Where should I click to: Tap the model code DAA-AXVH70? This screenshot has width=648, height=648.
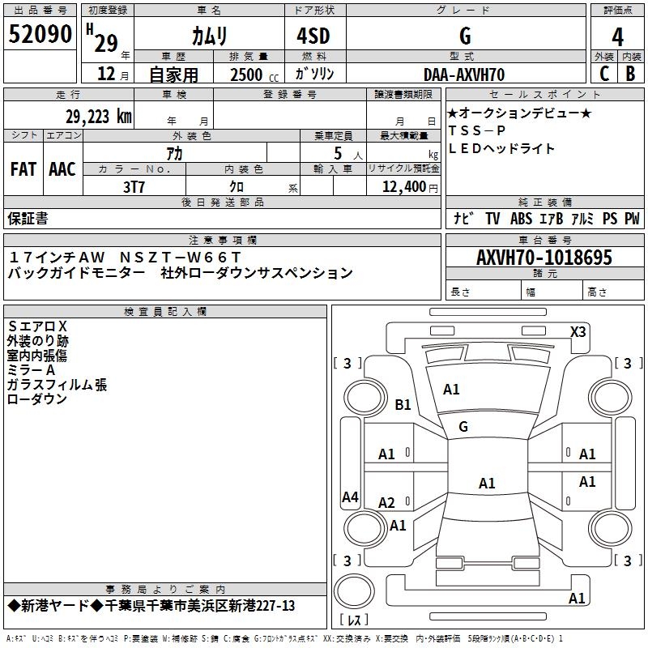coord(464,75)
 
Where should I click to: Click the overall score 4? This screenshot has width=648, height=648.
coord(618,36)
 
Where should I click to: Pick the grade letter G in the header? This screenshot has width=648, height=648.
coord(464,36)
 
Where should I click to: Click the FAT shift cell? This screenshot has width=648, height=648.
coord(23,168)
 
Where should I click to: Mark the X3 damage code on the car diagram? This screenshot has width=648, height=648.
coord(578,331)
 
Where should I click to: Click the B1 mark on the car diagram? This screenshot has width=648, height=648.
coord(403,404)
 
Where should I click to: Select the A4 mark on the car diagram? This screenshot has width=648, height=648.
coord(350,497)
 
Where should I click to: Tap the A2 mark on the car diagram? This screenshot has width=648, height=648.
coord(387,503)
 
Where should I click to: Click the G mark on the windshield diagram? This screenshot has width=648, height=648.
coord(463,426)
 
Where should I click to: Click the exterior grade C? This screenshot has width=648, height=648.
coord(603,74)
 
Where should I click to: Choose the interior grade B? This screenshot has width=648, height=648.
coord(630,74)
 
